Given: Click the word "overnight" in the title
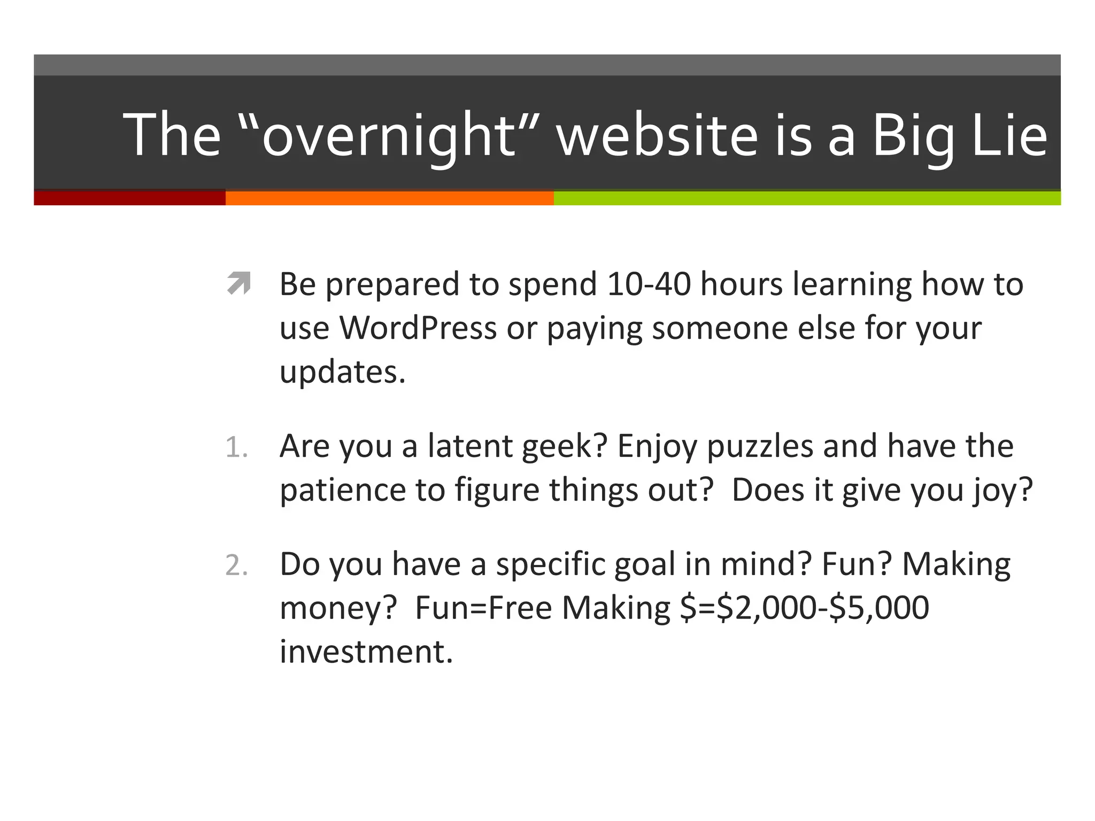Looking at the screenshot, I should (x=389, y=135).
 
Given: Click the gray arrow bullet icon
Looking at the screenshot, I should (x=238, y=283).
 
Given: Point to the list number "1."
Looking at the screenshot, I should (x=236, y=447).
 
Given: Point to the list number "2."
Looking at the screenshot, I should (x=236, y=565).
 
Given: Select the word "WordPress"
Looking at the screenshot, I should (x=418, y=328).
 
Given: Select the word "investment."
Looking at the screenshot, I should (x=366, y=652).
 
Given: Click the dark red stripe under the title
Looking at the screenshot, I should (x=129, y=197).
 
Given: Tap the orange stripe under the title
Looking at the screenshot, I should (x=389, y=198).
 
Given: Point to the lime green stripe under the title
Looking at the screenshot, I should (x=807, y=198).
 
